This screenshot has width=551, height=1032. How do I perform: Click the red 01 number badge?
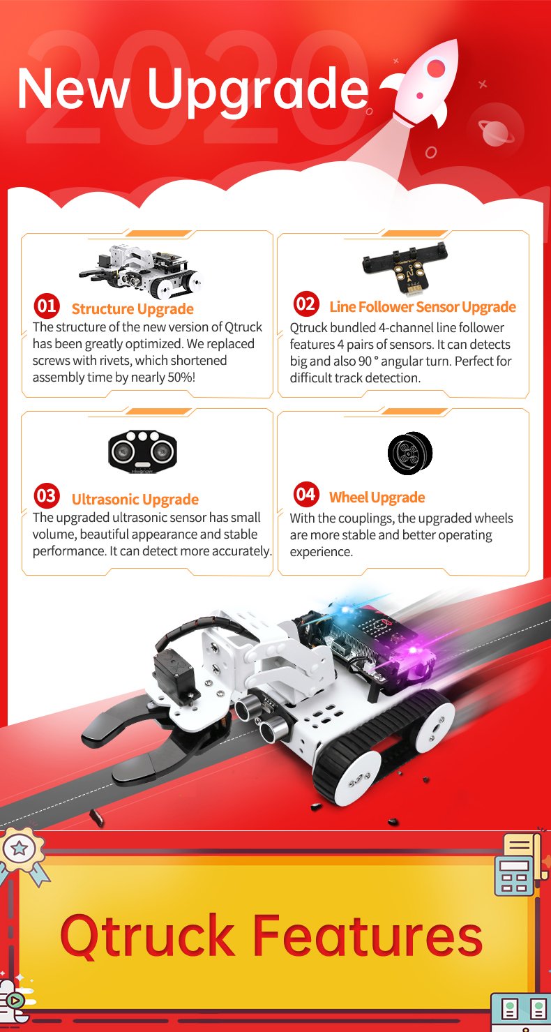[x=47, y=306]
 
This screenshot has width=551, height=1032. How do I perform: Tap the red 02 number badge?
[x=306, y=304]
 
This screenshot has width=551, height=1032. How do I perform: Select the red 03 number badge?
[x=47, y=495]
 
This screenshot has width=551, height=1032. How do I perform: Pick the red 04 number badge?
[x=306, y=494]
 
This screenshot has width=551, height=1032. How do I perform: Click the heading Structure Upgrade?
[x=133, y=309]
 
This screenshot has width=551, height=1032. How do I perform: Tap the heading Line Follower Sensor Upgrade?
[x=423, y=307]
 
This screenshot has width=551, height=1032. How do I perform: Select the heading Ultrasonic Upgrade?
[x=135, y=500]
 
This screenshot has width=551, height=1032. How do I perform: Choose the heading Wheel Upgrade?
[x=377, y=498]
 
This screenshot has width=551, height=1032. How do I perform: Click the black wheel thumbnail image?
[x=410, y=454]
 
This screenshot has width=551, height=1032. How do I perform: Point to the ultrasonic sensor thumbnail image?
[x=142, y=451]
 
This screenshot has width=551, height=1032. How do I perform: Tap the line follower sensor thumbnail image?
[x=411, y=267]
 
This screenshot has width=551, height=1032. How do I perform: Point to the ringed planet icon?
[x=496, y=132]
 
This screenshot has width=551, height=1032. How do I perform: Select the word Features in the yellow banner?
[x=367, y=936]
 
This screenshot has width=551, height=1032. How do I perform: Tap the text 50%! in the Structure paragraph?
[x=181, y=377]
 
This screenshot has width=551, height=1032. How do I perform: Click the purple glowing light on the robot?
[x=413, y=650]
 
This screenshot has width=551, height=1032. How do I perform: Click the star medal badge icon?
[x=20, y=849]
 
